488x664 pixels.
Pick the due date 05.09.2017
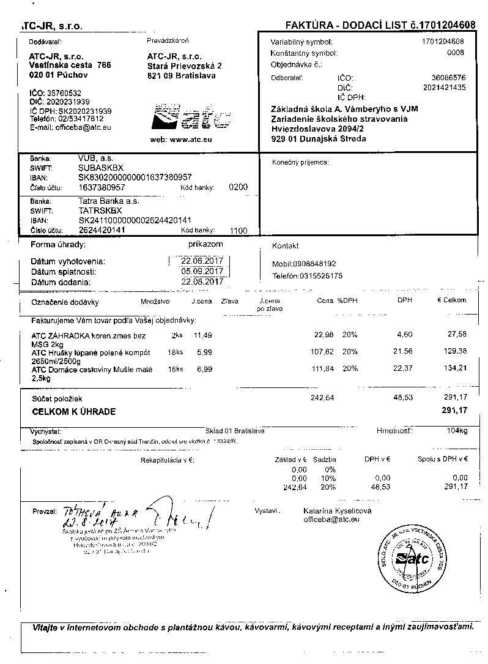coord(202,271)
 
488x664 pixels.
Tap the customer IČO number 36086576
coord(448,78)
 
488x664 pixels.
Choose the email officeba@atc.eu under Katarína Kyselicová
coord(331,519)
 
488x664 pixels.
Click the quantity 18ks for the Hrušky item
coord(175,352)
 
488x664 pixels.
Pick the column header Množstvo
coord(155,301)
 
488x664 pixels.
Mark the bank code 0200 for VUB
coord(238,187)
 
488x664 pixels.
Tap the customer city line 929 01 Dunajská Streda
coord(319,139)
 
